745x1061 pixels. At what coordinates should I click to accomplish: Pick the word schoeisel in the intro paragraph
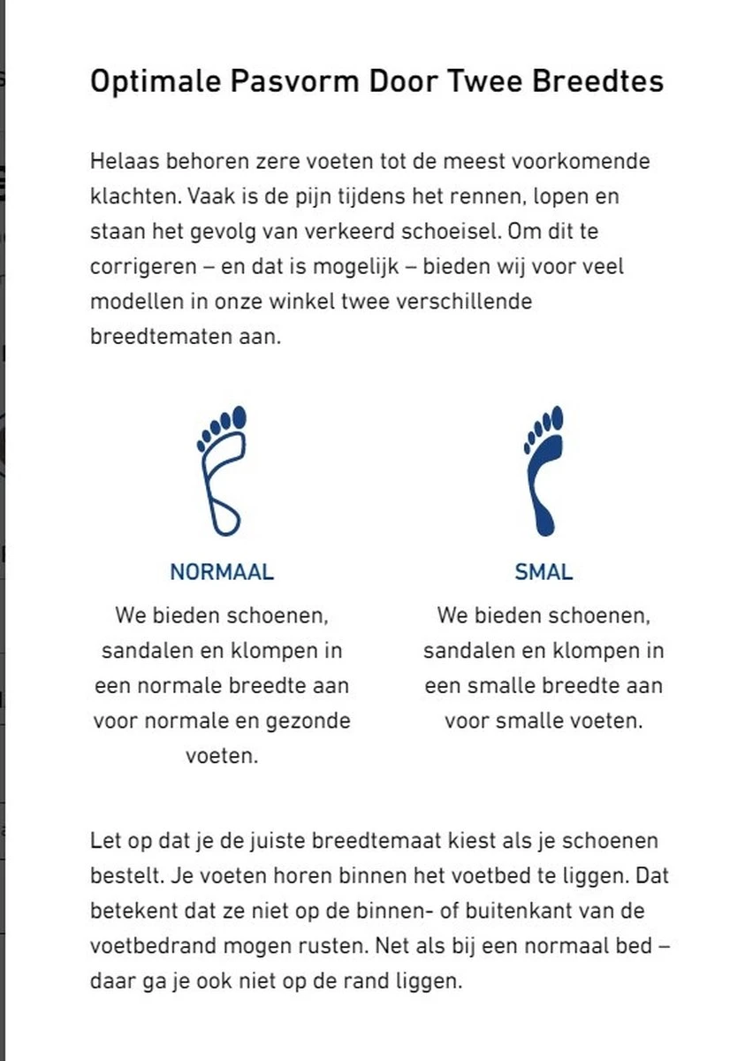click(x=453, y=231)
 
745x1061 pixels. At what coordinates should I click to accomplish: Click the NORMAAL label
click(x=222, y=572)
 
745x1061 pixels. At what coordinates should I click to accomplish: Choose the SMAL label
click(x=544, y=572)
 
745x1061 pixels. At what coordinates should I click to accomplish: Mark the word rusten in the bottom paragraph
click(x=329, y=945)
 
